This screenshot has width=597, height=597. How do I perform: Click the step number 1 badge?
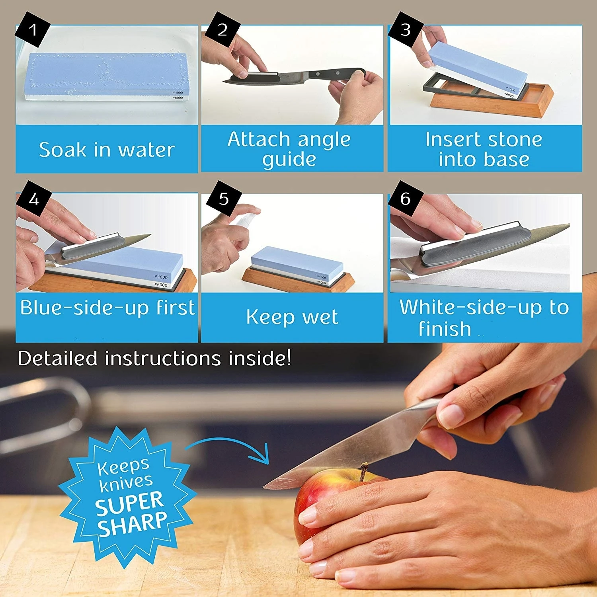(33, 30)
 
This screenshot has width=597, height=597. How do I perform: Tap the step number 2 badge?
(222, 30)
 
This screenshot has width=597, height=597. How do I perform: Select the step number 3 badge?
(405, 30)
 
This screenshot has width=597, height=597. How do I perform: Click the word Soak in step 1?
(62, 150)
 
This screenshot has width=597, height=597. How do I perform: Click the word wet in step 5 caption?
(320, 318)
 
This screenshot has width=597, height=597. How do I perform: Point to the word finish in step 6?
(445, 329)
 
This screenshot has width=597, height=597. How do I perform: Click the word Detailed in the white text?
(58, 358)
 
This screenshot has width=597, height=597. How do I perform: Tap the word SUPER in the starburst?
(129, 503)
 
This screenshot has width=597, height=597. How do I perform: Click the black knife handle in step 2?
(334, 74)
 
